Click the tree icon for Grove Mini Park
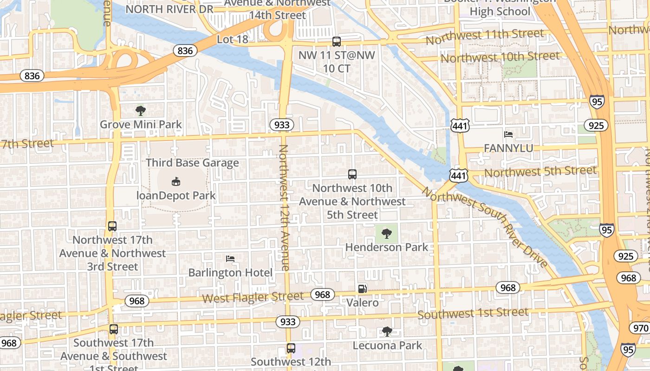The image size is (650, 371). [141, 111]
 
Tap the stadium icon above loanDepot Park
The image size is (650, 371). [175, 181]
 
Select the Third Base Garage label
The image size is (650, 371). [192, 163]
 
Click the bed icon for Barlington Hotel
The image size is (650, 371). [230, 258]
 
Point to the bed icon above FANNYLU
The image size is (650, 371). [508, 134]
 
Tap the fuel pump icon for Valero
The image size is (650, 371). [362, 288]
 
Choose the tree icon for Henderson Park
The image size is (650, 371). [386, 233]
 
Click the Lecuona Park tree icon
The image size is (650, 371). [387, 332]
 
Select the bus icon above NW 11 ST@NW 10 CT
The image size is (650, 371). [337, 42]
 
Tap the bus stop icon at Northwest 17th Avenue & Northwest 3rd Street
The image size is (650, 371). [112, 226]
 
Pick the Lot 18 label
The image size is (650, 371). [233, 39]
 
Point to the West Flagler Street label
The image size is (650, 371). [253, 297]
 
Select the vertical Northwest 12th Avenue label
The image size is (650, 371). [284, 207]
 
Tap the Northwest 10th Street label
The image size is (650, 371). [500, 57]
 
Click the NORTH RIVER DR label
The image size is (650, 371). [169, 9]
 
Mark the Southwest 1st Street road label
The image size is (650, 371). [473, 314]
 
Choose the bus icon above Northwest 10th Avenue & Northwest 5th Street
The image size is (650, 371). [352, 174]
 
